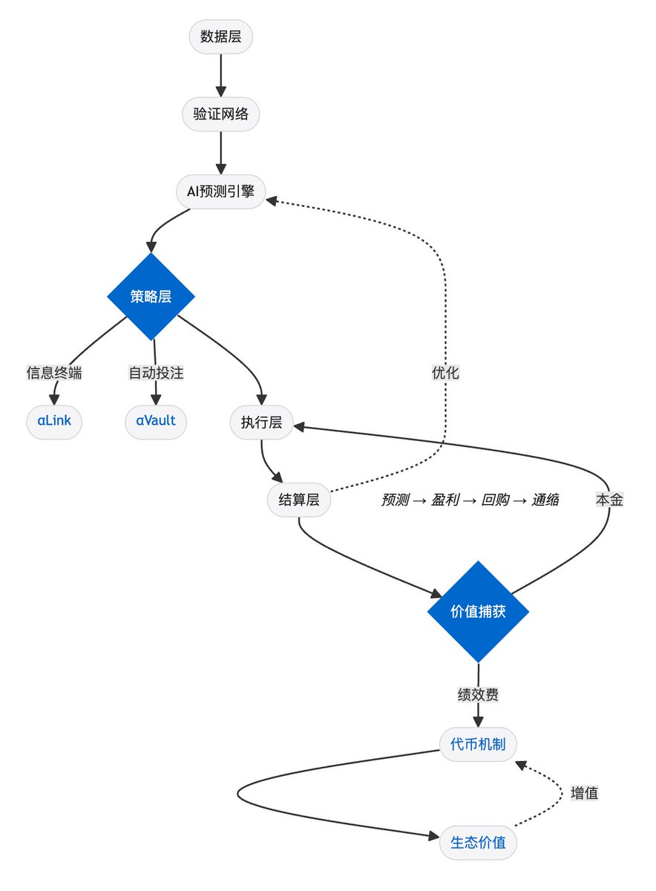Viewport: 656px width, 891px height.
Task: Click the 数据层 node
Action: [x=221, y=36]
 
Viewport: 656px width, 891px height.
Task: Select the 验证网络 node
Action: [x=221, y=114]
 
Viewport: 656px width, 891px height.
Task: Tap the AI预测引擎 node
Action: [x=221, y=191]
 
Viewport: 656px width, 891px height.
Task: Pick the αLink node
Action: [x=53, y=422]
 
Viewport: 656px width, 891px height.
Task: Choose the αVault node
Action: [x=155, y=422]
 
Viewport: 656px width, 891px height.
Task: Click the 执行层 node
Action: [x=261, y=423]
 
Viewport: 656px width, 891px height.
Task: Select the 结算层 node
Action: [x=298, y=500]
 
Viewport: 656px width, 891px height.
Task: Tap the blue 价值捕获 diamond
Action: [x=478, y=611]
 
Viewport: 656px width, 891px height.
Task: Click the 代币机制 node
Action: [x=478, y=743]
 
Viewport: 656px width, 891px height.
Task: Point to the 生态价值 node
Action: [x=478, y=843]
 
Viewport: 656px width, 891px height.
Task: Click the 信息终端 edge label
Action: [x=53, y=373]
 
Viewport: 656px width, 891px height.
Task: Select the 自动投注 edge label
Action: [x=156, y=373]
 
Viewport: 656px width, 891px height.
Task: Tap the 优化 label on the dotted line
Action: [x=445, y=373]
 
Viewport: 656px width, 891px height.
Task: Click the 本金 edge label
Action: [x=609, y=500]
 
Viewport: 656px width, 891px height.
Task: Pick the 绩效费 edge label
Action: [x=478, y=696]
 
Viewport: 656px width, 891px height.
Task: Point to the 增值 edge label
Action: [x=585, y=793]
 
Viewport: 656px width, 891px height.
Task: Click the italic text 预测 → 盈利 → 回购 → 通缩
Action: [x=470, y=500]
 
